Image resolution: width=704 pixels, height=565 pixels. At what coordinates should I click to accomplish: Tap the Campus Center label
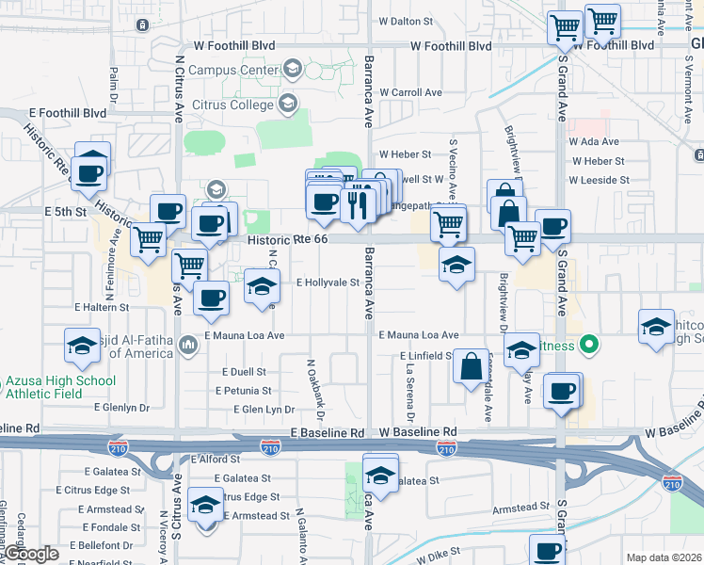pos(232,70)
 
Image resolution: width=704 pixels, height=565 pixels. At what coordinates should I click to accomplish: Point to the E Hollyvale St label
pos(328,282)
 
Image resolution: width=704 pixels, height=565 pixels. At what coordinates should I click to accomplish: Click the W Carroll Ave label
pos(410,93)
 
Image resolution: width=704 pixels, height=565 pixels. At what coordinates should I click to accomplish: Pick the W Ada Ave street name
pos(602,140)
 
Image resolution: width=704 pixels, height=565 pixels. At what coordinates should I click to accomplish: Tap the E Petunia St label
pos(243,390)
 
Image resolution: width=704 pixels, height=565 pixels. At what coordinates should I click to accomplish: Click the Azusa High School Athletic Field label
pos(60,388)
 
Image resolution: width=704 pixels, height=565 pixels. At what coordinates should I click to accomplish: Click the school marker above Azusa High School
pos(82,347)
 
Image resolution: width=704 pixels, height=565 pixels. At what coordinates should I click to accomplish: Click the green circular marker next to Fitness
pos(590,345)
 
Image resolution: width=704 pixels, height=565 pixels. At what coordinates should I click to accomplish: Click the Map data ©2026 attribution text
pos(663,557)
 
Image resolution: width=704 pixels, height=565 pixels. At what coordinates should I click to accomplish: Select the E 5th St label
pos(65,213)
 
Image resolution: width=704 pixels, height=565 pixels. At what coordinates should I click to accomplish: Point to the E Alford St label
pos(216,460)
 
